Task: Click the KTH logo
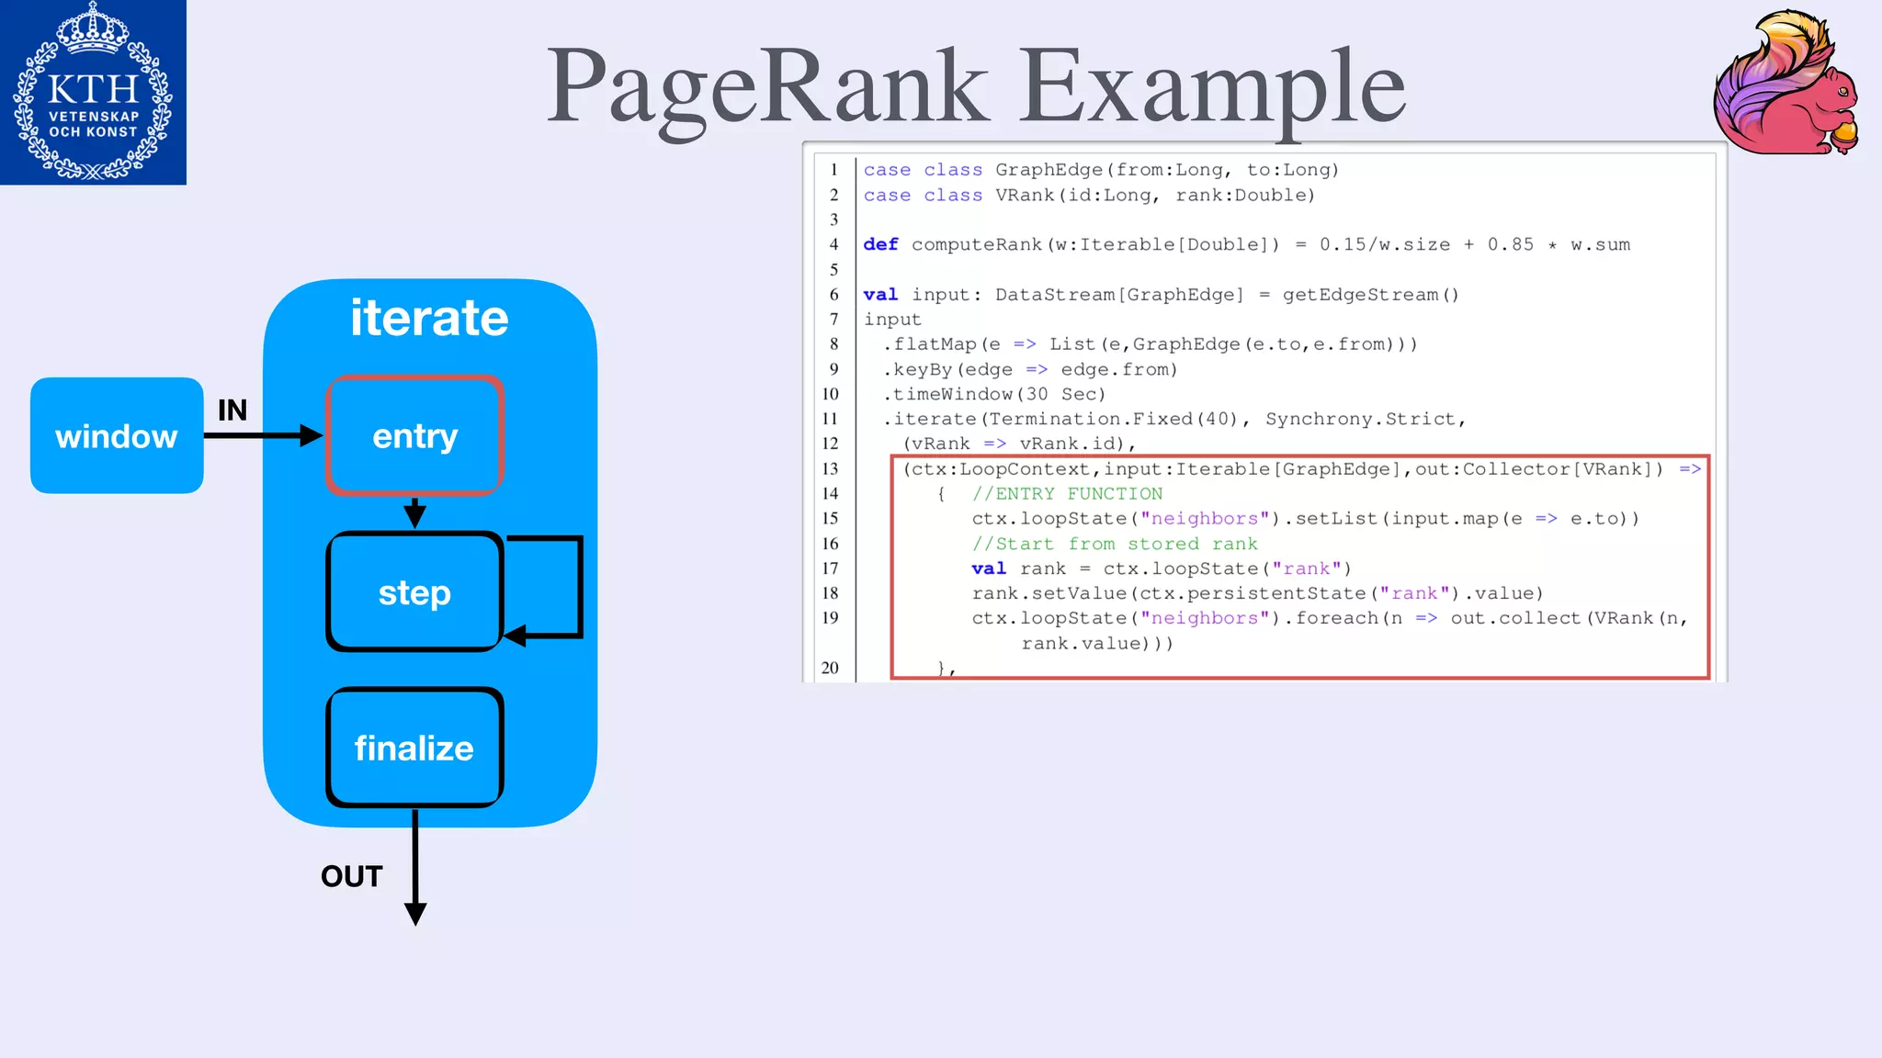pyautogui.click(x=93, y=92)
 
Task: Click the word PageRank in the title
pyautogui.click(x=767, y=87)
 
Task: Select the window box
pyautogui.click(x=117, y=436)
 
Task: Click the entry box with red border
pyautogui.click(x=414, y=436)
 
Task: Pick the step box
pyautogui.click(x=414, y=592)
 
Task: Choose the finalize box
pyautogui.click(x=414, y=748)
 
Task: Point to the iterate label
pyautogui.click(x=429, y=318)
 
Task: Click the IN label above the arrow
pyautogui.click(x=232, y=410)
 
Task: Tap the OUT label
pyautogui.click(x=351, y=876)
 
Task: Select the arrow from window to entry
pyautogui.click(x=262, y=436)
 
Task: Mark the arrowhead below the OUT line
pyautogui.click(x=415, y=914)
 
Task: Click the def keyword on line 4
pyautogui.click(x=880, y=244)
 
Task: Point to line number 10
pyautogui.click(x=830, y=394)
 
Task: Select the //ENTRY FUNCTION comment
pyautogui.click(x=1067, y=494)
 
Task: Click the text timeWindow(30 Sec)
pyautogui.click(x=998, y=394)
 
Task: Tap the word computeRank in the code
pyautogui.click(x=976, y=244)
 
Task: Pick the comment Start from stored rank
pyautogui.click(x=1115, y=544)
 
